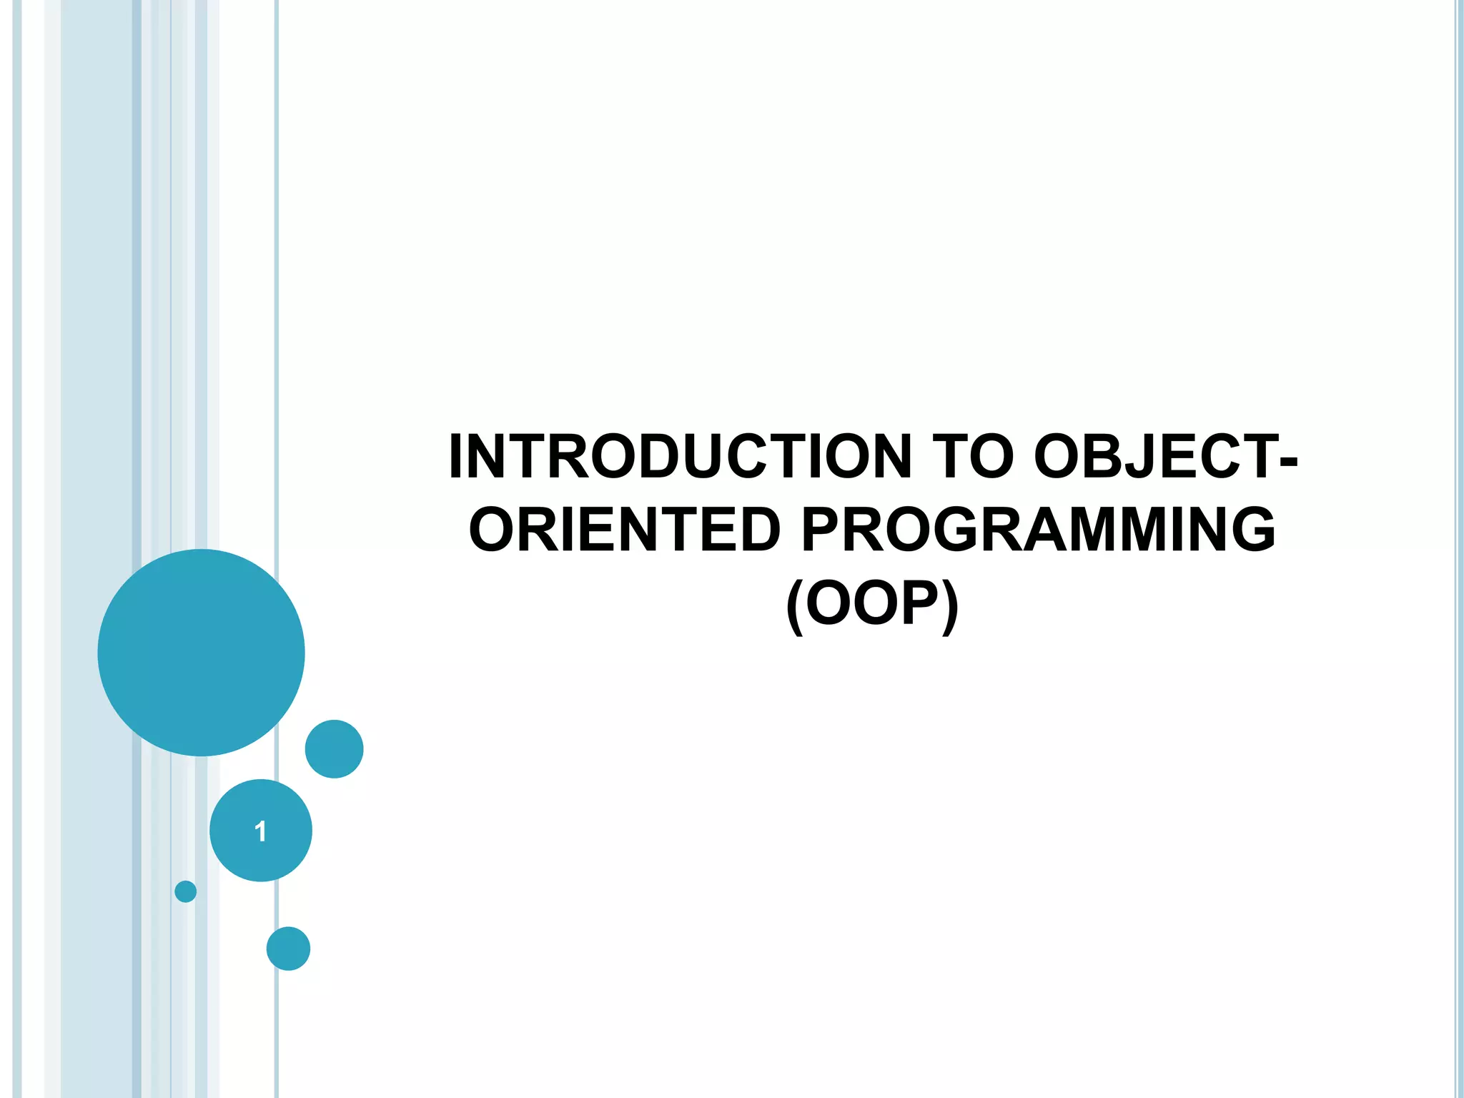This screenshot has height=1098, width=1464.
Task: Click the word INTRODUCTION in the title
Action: (x=680, y=457)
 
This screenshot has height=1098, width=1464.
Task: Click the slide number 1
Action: (x=260, y=831)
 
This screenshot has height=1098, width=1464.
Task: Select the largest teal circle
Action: (x=201, y=652)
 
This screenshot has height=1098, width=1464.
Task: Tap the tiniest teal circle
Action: (x=185, y=891)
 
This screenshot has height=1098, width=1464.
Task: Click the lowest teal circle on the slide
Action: (x=288, y=949)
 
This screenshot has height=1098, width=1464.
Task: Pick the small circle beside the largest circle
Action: (x=334, y=748)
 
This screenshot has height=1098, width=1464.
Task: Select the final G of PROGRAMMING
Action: (x=1249, y=530)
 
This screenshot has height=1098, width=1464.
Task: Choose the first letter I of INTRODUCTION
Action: (x=457, y=457)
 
